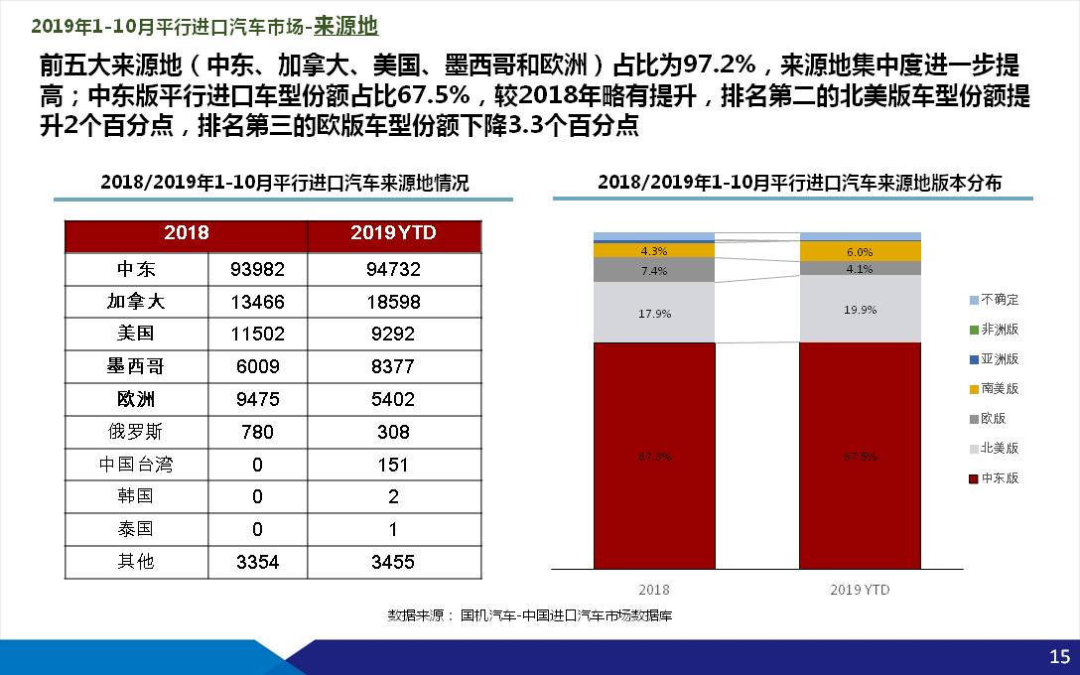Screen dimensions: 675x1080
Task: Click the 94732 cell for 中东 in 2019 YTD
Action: coord(394,269)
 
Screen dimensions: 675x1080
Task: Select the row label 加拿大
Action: coord(136,302)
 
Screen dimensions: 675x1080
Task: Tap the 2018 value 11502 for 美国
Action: coord(257,335)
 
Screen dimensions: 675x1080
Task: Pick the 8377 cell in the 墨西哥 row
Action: coord(394,366)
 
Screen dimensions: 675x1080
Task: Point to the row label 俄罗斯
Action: coord(136,432)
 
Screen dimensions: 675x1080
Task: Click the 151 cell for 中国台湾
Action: coord(394,465)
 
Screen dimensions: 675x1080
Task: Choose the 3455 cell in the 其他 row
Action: coord(394,562)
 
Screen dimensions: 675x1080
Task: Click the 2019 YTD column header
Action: coord(394,233)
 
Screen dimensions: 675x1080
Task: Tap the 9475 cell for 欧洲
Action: coord(257,399)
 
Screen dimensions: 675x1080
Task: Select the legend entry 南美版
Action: coord(999,389)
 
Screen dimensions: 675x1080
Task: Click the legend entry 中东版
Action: coord(999,478)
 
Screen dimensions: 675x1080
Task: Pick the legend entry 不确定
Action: coord(999,300)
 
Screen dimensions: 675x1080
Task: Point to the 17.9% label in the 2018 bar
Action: coord(655,314)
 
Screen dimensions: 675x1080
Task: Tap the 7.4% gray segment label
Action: coord(655,271)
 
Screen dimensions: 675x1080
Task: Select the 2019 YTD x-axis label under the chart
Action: coord(860,590)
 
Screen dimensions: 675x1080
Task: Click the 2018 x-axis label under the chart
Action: coord(655,590)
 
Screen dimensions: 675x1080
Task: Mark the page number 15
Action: coord(1059,656)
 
